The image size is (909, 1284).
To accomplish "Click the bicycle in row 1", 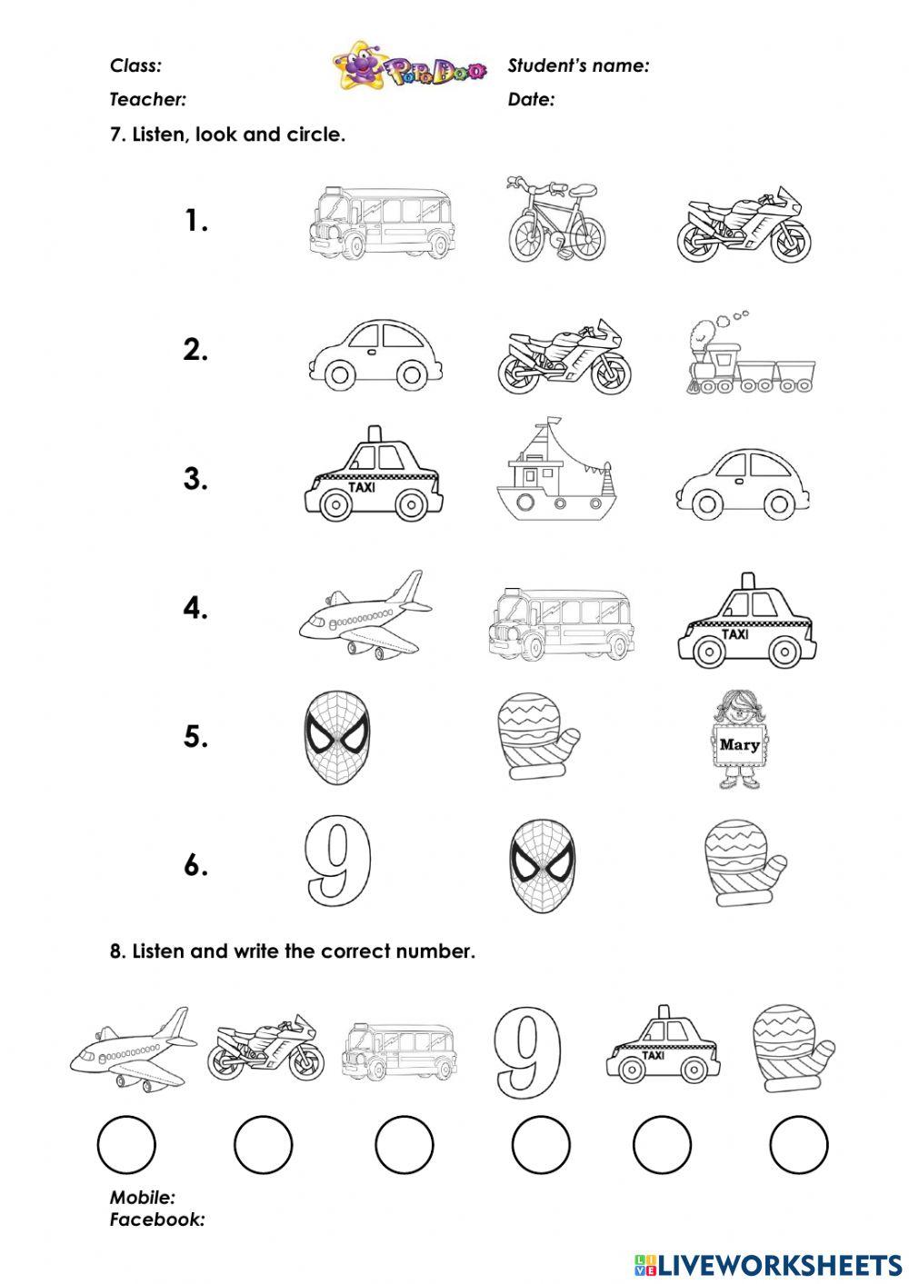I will (554, 221).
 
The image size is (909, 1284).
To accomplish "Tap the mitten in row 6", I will (743, 862).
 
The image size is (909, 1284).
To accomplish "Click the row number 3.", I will (195, 479).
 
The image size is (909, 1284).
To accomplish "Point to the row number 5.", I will (195, 736).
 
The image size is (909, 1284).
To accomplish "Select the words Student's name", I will (578, 65).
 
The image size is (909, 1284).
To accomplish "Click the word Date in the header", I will (531, 100).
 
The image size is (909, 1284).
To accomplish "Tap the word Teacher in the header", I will (147, 100).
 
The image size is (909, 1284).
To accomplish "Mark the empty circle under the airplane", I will (126, 1144).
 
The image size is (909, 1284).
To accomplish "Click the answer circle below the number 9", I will (541, 1144).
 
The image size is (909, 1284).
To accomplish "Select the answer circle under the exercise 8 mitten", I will (799, 1144).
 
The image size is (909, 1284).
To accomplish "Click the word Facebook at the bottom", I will (156, 1219).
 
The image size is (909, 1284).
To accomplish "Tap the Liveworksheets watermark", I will (767, 1264).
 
